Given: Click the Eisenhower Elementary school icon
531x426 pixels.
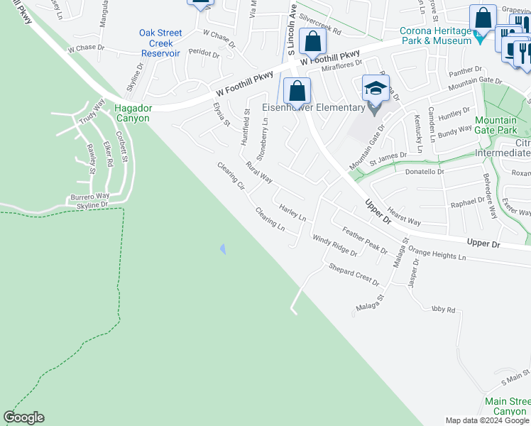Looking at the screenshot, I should (x=375, y=89).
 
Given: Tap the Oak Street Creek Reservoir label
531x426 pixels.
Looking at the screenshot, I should (x=160, y=43).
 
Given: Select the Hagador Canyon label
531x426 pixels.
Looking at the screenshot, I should (x=132, y=114).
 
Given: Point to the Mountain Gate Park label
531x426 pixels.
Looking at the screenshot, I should (x=496, y=126).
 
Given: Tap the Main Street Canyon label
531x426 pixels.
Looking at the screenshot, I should (x=507, y=406).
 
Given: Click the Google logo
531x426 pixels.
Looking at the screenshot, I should (x=23, y=417).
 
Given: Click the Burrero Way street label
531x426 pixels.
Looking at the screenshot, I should (x=89, y=196).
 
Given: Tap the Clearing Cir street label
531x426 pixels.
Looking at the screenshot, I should (x=231, y=176).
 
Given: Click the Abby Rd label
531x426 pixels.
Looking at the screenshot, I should (x=442, y=310).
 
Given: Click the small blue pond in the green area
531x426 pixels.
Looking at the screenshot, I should (x=223, y=248).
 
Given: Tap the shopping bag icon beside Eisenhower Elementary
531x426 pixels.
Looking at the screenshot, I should (x=297, y=91).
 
